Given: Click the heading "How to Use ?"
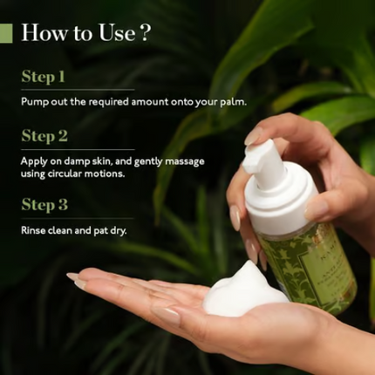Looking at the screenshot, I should (x=85, y=34).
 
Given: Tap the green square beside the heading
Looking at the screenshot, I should (x=6, y=34).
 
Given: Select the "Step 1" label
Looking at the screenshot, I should (x=44, y=77).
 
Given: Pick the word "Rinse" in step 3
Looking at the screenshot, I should (x=34, y=231).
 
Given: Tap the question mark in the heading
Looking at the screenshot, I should (x=145, y=34).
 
